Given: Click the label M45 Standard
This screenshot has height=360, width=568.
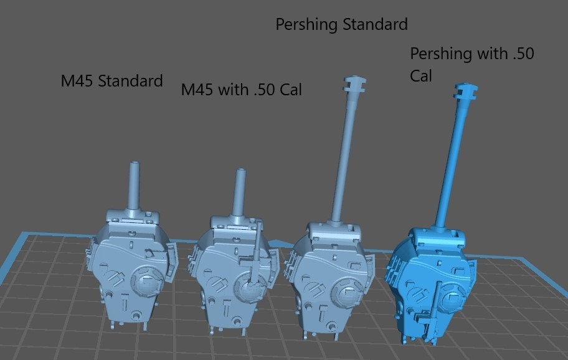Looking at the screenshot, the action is point(111,80).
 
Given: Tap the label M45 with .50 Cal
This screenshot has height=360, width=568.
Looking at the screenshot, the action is point(241,90).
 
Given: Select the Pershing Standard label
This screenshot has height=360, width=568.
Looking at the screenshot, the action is point(341,25).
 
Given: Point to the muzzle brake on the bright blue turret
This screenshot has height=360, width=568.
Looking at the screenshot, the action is point(465,92).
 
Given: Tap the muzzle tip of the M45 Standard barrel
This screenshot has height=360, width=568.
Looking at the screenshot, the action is point(135,163).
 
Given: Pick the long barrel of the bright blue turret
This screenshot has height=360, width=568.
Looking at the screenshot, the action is point(453,163).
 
